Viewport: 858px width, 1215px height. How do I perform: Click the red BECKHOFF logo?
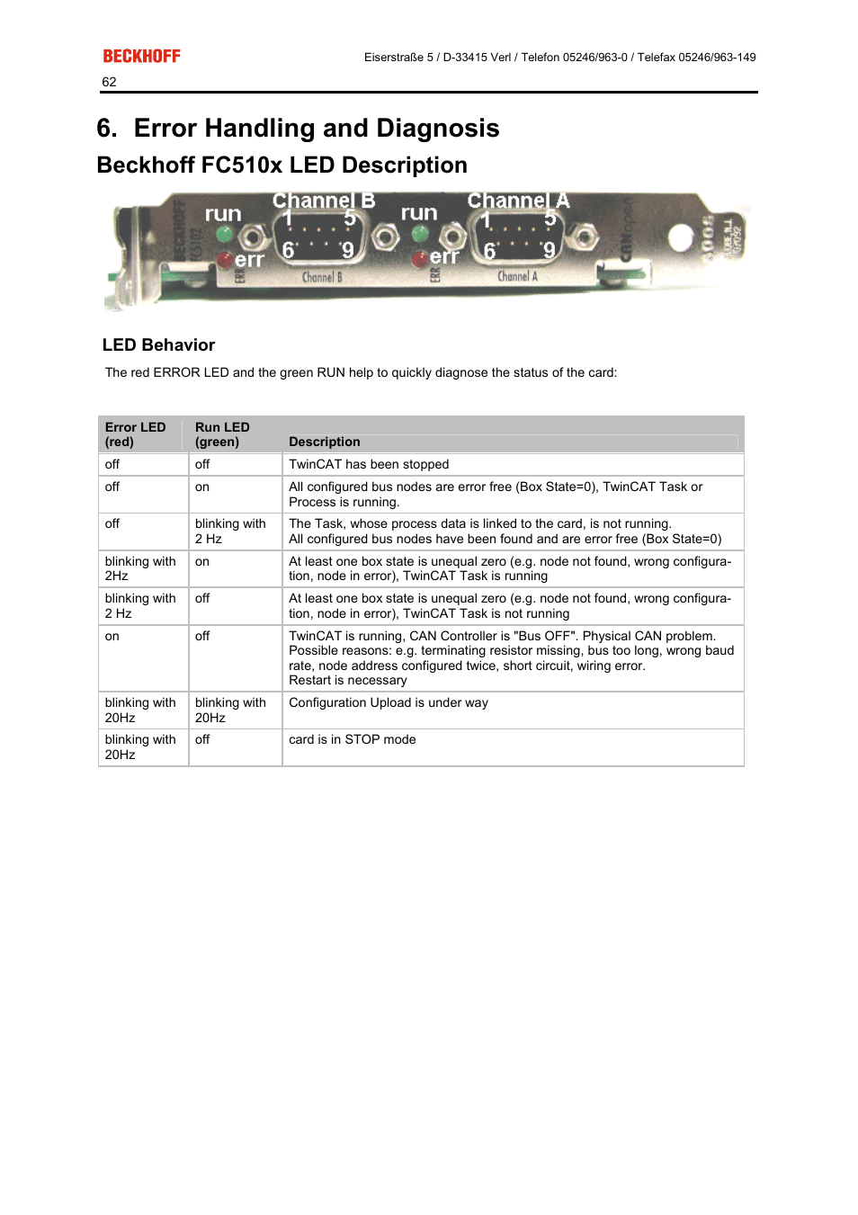141,56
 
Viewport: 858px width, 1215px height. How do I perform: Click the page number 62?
109,82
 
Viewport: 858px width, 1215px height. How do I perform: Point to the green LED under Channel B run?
225,235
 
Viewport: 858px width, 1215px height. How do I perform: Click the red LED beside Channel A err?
419,259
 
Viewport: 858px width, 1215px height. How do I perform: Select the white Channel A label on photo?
518,201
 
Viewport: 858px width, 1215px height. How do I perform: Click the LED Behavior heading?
158,345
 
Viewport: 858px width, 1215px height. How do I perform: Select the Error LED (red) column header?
135,434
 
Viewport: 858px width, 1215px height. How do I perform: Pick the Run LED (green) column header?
222,434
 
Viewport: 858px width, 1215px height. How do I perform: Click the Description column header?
324,442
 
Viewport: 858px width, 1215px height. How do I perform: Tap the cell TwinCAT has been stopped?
369,464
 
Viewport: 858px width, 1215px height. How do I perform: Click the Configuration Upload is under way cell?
389,702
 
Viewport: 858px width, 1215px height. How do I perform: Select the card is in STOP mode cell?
352,739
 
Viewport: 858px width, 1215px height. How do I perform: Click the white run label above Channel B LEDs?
223,214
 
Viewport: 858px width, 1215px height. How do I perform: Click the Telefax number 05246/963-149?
717,57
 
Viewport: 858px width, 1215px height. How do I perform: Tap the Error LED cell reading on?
112,636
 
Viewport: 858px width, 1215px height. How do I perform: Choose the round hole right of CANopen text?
681,237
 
